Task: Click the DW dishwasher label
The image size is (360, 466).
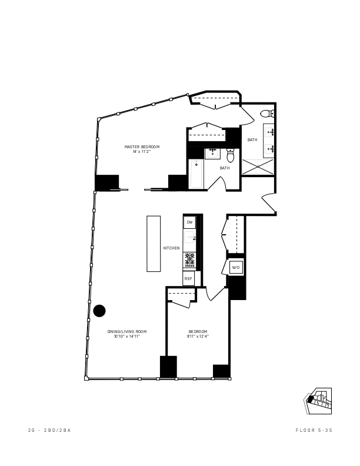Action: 189,222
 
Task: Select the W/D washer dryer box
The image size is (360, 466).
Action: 236,268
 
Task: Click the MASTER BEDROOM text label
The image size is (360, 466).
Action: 142,147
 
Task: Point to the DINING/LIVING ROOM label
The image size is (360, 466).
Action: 127,332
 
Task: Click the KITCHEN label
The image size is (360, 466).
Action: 172,248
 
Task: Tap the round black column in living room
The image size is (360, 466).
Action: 99,310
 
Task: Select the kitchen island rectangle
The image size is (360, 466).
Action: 154,244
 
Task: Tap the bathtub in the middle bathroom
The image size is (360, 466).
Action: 196,174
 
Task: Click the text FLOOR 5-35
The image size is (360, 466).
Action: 314,431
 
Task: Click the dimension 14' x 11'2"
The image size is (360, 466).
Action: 142,152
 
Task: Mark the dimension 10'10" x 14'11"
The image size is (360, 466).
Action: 127,337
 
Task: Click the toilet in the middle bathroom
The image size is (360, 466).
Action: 231,155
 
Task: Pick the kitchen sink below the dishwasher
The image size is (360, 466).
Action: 189,238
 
